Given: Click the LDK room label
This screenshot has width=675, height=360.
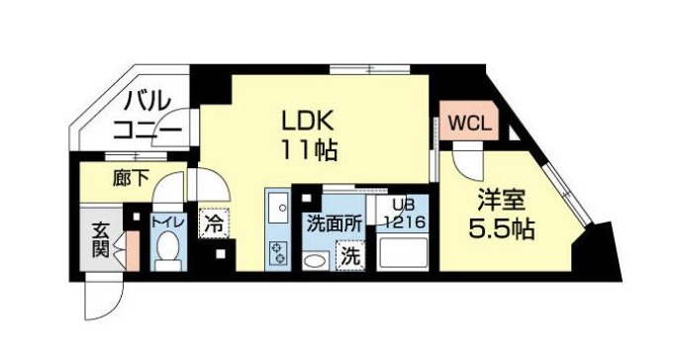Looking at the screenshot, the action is click(x=308, y=122).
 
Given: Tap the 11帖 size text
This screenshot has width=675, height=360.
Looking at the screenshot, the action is click(x=308, y=150).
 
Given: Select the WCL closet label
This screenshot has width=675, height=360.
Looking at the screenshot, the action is click(x=469, y=124).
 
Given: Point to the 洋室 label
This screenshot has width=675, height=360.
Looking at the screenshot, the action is click(x=501, y=201).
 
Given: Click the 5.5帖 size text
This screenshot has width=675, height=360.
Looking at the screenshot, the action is click(x=502, y=228).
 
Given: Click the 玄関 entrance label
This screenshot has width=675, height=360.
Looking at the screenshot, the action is click(x=101, y=240).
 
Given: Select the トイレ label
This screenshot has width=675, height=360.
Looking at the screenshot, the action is click(x=168, y=222).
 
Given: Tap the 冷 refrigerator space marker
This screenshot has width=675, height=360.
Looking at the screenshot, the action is click(x=214, y=224).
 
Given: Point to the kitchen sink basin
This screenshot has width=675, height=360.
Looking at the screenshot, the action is click(x=278, y=208).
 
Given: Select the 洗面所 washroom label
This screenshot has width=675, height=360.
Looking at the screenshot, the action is click(x=334, y=225).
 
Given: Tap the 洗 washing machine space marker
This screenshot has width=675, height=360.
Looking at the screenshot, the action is click(x=350, y=256).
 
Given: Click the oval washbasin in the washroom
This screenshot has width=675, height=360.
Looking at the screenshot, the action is click(x=317, y=261).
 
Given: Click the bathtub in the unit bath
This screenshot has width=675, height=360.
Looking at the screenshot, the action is click(x=403, y=253).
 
